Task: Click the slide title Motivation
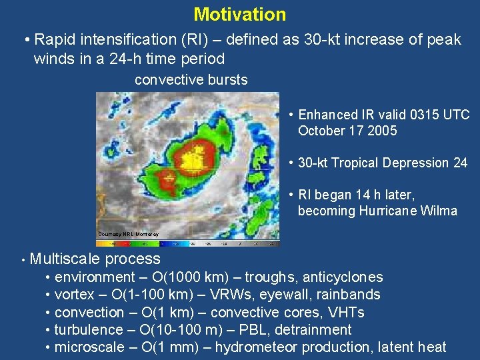coord(239,14)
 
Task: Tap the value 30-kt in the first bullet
coord(313,40)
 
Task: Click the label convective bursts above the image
coord(191,80)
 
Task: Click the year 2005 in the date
coord(383,131)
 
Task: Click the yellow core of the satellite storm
coord(193,159)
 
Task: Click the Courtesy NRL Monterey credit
coord(128,235)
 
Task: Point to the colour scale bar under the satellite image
coord(187,243)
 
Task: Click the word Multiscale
coord(63,259)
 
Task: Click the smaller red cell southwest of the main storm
coord(167,178)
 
